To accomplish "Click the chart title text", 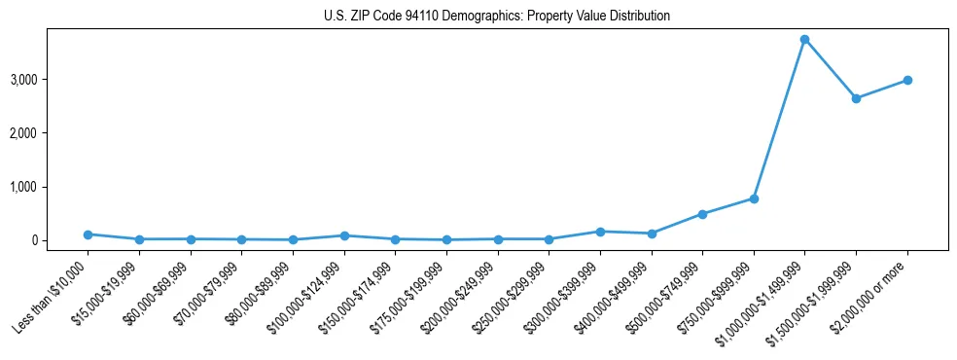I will [x=497, y=17].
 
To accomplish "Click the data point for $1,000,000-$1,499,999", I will [x=804, y=40].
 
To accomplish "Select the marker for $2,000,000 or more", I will [x=907, y=80].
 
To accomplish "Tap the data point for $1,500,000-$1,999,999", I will [x=856, y=98].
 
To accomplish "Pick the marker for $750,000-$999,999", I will [x=754, y=198].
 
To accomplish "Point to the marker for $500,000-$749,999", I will [x=702, y=214].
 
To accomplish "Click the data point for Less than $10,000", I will [x=88, y=234].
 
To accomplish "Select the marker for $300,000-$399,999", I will [x=600, y=232].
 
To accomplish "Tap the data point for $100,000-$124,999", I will [x=343, y=235].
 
